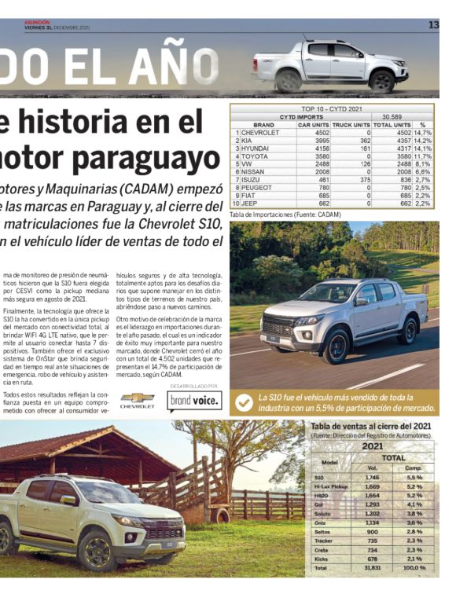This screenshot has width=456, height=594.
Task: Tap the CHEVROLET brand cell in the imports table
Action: (x=259, y=133)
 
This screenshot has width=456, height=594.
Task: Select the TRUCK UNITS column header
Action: (x=351, y=125)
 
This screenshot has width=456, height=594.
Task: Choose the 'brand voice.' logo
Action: (x=194, y=401)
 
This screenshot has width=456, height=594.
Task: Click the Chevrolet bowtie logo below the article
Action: (x=138, y=398)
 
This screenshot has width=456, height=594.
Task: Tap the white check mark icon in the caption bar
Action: (x=245, y=402)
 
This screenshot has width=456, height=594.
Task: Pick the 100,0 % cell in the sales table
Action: (x=414, y=566)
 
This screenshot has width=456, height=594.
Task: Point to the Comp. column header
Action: (x=414, y=467)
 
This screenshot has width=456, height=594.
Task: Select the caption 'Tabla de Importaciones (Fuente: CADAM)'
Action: (x=285, y=214)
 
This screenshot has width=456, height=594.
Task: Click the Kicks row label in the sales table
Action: (x=318, y=558)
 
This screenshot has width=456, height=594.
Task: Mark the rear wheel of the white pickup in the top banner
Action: (x=289, y=80)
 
